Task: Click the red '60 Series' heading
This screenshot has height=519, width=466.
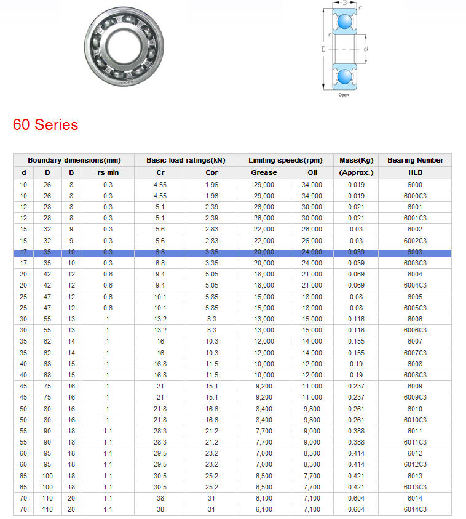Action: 45,125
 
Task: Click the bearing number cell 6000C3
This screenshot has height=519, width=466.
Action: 415,196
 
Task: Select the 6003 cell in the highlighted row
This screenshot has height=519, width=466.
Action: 415,252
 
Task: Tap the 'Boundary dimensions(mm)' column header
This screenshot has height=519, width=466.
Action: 74,160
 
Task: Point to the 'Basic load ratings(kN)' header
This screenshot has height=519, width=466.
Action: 186,160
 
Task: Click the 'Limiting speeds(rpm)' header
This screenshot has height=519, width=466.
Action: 285,160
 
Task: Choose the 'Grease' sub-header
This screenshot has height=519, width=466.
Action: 264,172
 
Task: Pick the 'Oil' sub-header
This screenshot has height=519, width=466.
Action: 312,172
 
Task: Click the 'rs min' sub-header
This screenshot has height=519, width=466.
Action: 108,172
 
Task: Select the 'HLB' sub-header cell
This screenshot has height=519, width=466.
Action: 415,172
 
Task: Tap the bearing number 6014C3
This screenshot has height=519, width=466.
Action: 415,509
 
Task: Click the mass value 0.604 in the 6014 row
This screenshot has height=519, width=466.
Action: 356,498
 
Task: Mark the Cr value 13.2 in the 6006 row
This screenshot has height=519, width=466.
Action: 160,319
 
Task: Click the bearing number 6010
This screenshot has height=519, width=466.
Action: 415,409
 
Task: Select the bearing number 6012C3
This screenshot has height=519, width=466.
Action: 415,464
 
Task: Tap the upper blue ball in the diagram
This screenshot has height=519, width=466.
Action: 344,22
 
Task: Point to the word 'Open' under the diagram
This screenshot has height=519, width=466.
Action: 344,95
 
